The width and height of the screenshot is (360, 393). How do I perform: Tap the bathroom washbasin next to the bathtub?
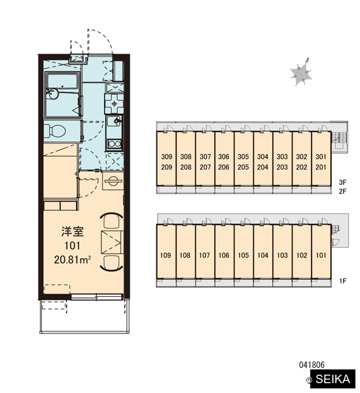53,94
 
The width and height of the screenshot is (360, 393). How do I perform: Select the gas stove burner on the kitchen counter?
115,103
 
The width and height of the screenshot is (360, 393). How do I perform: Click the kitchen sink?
115,121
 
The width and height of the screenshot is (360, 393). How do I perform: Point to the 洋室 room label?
73,232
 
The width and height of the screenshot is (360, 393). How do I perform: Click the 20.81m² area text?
72,260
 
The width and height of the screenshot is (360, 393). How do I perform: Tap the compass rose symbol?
301,73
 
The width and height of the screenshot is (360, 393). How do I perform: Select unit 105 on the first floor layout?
243,255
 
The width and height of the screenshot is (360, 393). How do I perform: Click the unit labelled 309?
167,157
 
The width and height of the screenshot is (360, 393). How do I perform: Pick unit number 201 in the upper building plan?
321,167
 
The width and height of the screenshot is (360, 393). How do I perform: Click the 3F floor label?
343,182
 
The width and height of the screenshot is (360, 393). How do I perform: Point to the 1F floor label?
343,281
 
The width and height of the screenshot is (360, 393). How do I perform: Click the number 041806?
312,365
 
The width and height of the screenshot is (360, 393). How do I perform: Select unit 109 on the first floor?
166,255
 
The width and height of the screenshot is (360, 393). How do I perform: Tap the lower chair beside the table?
111,263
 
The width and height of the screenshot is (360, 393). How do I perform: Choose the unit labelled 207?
205,167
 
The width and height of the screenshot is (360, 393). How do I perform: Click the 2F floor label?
343,191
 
